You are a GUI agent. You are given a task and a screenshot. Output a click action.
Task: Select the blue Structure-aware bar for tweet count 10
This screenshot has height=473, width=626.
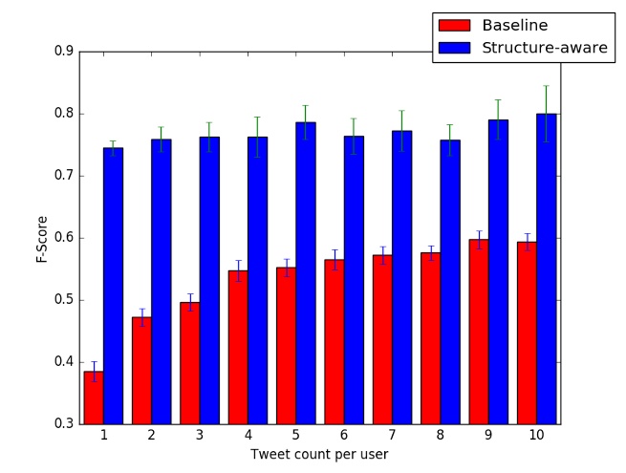[546, 269]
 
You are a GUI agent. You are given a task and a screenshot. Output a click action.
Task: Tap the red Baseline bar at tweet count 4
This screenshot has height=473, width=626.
[238, 347]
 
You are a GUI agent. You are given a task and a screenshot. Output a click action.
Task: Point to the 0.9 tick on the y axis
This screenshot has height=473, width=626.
[64, 52]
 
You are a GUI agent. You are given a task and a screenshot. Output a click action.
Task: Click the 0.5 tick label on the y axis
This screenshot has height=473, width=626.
[64, 300]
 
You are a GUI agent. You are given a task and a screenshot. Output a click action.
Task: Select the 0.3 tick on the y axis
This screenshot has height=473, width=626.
[64, 424]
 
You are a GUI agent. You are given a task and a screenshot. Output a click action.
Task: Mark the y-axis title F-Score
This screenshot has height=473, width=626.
[43, 238]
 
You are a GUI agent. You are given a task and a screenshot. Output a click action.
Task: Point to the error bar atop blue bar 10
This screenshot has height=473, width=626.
[546, 113]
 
